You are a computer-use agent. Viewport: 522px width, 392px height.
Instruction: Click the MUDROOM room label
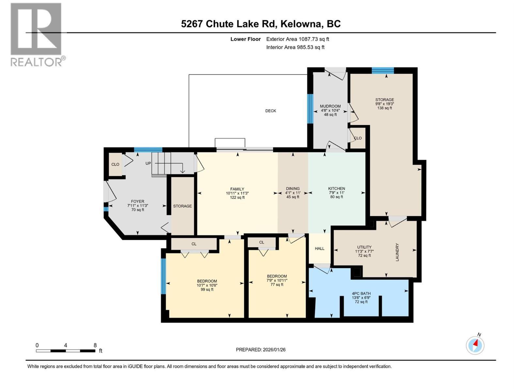[x=330, y=106]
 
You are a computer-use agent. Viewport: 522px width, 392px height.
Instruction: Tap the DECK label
[x=270, y=111]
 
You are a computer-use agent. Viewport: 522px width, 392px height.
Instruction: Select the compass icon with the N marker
[x=475, y=345]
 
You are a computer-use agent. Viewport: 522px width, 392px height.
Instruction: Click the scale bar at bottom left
[x=65, y=351]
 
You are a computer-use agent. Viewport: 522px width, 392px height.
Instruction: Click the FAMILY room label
[x=237, y=189]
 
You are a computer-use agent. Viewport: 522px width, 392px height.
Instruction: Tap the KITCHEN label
[x=336, y=189]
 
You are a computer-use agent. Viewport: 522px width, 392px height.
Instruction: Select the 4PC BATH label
[x=361, y=294]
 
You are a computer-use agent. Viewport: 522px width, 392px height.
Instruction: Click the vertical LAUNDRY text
[x=397, y=252]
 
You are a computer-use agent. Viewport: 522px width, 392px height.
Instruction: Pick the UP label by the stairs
[x=148, y=163]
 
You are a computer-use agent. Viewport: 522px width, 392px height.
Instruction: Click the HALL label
[x=319, y=249]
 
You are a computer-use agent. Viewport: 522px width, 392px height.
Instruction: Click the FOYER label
[x=137, y=202]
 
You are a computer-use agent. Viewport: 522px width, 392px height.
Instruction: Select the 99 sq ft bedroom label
[x=207, y=281]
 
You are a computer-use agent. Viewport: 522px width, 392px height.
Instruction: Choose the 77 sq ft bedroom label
[x=277, y=276]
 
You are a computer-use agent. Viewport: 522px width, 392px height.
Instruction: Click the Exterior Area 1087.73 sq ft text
[x=298, y=39]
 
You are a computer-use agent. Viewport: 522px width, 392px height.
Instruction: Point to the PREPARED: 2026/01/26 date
[x=261, y=350]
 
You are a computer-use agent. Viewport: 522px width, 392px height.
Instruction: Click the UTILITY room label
[x=364, y=247]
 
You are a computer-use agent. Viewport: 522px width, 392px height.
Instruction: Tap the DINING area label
[x=293, y=189]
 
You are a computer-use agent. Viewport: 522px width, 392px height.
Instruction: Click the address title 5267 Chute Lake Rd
[x=261, y=24]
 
